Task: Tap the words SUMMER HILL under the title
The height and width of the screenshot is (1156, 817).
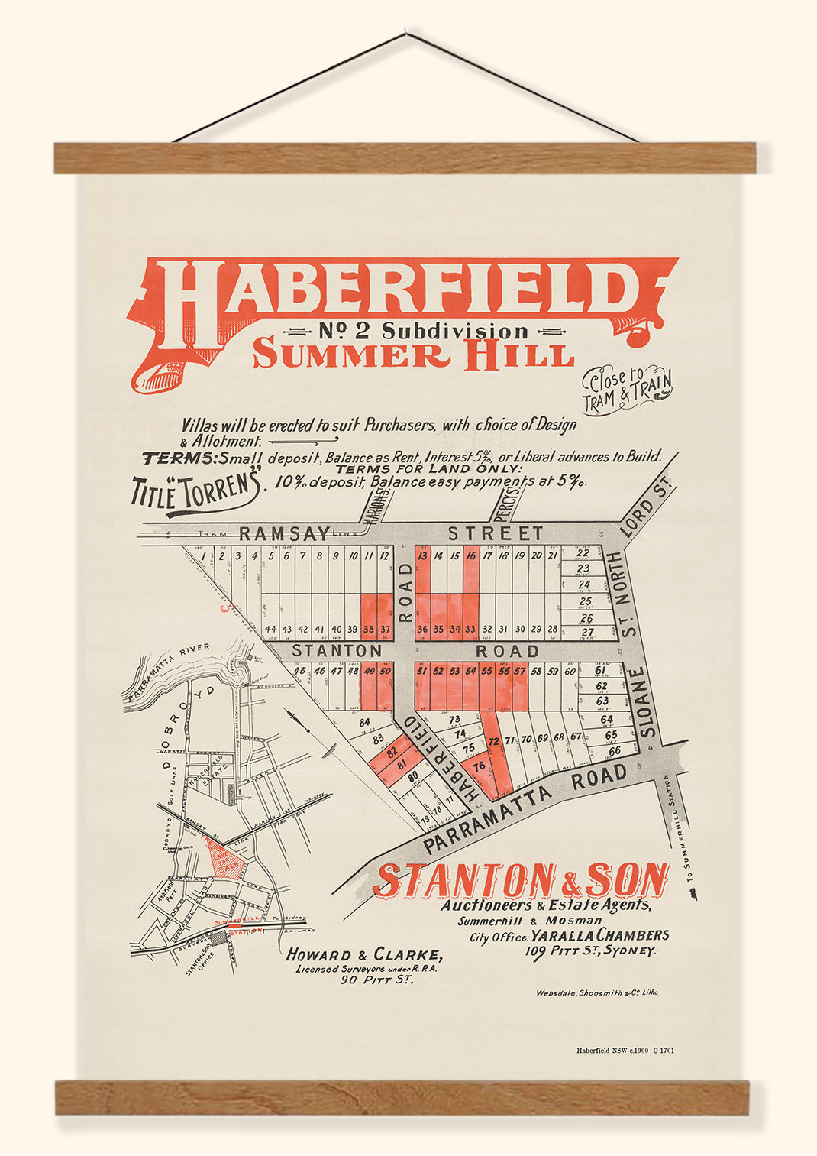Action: click(412, 355)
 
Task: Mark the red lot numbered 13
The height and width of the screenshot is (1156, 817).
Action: click(422, 557)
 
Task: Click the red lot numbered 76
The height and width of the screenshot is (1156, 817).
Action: click(479, 766)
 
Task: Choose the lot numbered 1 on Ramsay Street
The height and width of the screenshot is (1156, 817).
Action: click(203, 557)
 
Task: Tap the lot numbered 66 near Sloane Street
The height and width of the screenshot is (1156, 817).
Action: click(613, 750)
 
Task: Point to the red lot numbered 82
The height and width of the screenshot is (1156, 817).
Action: click(392, 752)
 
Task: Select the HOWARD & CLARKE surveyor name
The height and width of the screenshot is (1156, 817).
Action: click(363, 954)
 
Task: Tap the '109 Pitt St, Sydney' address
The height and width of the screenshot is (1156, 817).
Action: click(589, 951)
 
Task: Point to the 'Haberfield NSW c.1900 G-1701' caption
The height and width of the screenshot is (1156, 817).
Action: click(625, 1051)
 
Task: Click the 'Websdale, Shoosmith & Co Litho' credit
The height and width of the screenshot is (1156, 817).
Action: click(596, 992)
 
